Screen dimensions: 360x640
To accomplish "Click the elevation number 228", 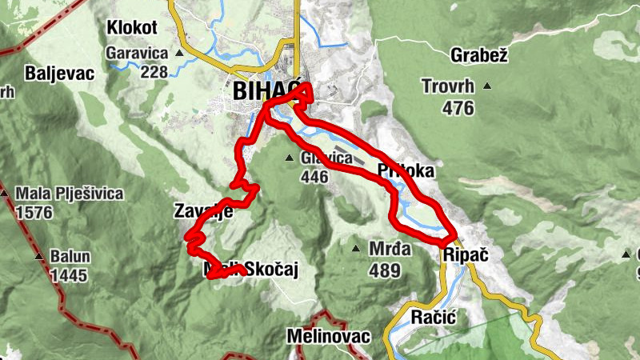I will (153, 71).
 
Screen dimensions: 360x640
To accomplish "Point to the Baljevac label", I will (60, 73).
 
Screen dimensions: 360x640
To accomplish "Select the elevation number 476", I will (458, 107).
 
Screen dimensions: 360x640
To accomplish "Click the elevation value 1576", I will (33, 213).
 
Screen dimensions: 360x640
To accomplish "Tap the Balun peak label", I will (70, 258).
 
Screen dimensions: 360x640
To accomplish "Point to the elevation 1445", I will (68, 276).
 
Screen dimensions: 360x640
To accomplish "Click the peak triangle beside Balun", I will (38, 258).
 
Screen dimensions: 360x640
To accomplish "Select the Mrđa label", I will (390, 249).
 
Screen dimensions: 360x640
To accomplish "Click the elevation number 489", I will (385, 270).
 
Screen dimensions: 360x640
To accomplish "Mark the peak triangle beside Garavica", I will (179, 54).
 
